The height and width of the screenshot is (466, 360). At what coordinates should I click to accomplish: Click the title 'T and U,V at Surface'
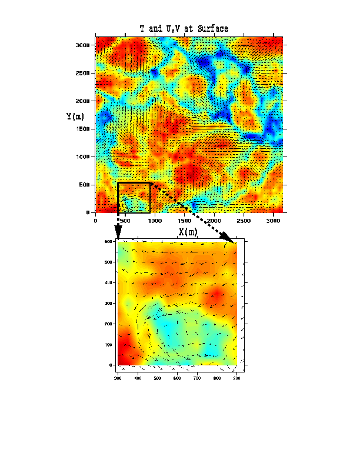pyautogui.click(x=184, y=29)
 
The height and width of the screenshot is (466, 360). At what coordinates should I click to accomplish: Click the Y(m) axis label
pyautogui.click(x=76, y=116)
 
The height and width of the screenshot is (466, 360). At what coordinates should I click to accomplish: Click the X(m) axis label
pyautogui.click(x=188, y=232)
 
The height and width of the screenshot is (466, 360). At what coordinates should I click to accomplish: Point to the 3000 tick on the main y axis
pyautogui.click(x=83, y=45)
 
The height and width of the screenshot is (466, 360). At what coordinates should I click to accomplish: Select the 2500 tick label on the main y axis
pyautogui.click(x=83, y=74)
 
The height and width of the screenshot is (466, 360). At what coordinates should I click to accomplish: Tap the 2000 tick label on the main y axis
pyautogui.click(x=83, y=101)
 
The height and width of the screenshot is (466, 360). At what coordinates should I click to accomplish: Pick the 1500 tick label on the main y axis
pyautogui.click(x=83, y=129)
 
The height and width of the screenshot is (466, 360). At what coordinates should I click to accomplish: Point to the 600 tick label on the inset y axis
pyautogui.click(x=109, y=242)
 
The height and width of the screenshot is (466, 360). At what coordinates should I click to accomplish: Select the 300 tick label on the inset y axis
pyautogui.click(x=109, y=304)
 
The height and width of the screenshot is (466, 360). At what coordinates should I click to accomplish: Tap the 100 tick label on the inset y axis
pyautogui.click(x=109, y=345)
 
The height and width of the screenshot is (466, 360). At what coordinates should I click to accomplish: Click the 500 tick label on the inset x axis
pyautogui.click(x=158, y=377)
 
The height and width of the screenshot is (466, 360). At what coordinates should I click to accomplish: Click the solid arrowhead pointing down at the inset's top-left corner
pyautogui.click(x=118, y=235)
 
